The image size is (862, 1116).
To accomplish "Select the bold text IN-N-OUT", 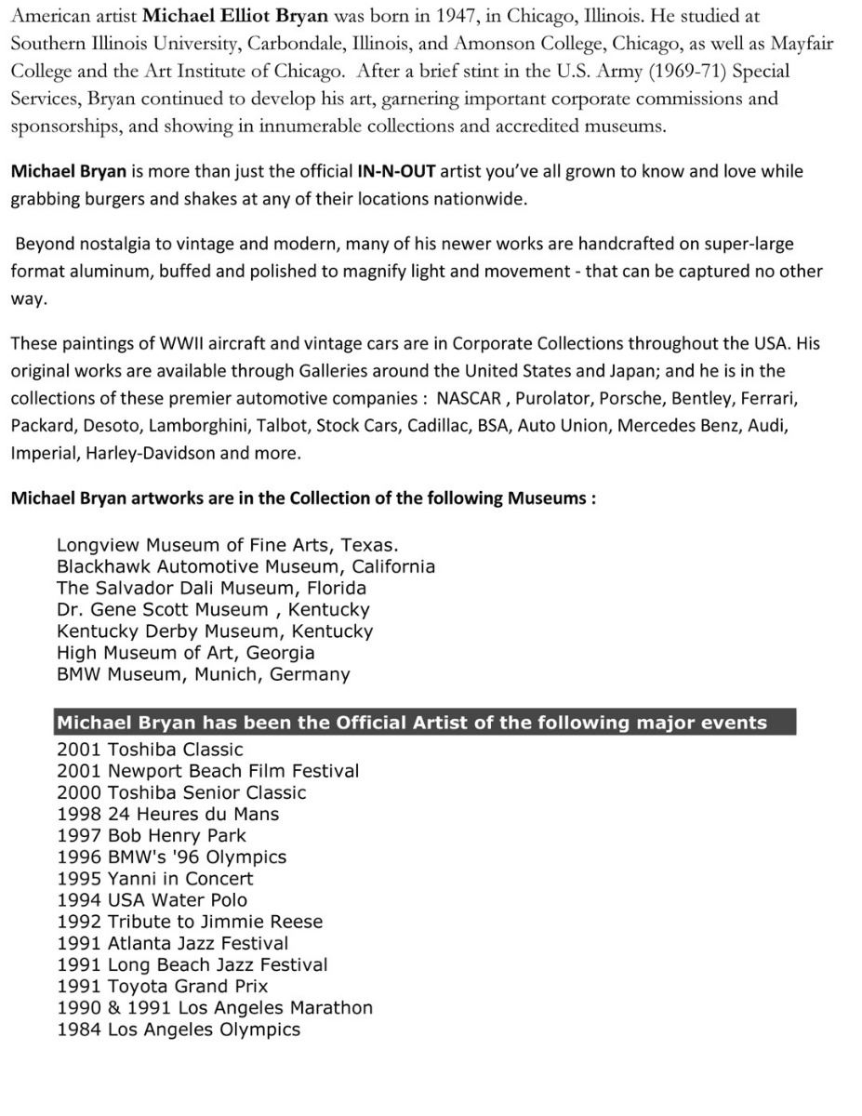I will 397,171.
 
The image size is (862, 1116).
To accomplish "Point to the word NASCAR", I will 469,398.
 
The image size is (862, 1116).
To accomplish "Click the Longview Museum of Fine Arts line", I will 228,545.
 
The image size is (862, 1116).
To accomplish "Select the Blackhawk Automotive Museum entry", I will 245,566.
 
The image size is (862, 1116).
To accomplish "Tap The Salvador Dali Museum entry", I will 211,588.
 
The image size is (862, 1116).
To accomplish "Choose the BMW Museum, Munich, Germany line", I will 203,674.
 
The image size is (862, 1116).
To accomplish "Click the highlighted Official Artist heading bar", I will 423,723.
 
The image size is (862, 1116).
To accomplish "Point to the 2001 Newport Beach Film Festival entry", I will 207,771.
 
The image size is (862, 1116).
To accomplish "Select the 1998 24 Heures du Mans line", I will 167,814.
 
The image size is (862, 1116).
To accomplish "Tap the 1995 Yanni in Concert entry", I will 154,879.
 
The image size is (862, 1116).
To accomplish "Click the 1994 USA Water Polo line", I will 152,900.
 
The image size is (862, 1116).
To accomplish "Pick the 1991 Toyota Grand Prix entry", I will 162,987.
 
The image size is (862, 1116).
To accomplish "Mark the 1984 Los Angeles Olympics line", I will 179,1030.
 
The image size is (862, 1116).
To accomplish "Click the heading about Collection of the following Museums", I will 303,498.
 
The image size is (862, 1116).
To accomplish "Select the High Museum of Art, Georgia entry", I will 185,653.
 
